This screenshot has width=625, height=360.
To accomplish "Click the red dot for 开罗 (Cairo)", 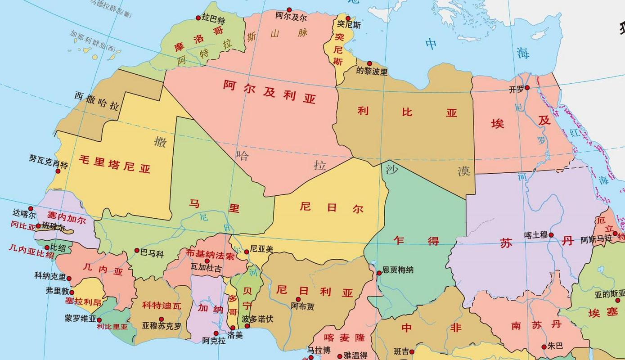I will pos(527,88).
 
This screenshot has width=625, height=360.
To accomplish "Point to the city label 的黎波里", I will pos(372,72).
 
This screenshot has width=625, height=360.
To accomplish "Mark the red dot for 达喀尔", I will pos(31,208).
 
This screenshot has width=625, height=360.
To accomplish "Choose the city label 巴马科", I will pos(152,254).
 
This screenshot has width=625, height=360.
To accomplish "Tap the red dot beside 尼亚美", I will pos(247,252).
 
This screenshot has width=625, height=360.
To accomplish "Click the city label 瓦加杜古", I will pos(206,268).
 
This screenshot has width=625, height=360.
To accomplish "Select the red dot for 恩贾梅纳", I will pos(379,273).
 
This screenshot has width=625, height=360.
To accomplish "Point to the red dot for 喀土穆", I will pos(551,235).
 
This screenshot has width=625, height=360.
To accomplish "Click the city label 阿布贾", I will pos(302,306).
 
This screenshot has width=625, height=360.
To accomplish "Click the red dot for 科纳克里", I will pos(69,278).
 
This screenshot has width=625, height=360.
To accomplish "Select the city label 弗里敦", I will pos(57,291).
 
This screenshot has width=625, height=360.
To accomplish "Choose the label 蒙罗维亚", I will pos(81,319).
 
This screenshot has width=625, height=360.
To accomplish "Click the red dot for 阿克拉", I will pos(216,333).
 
